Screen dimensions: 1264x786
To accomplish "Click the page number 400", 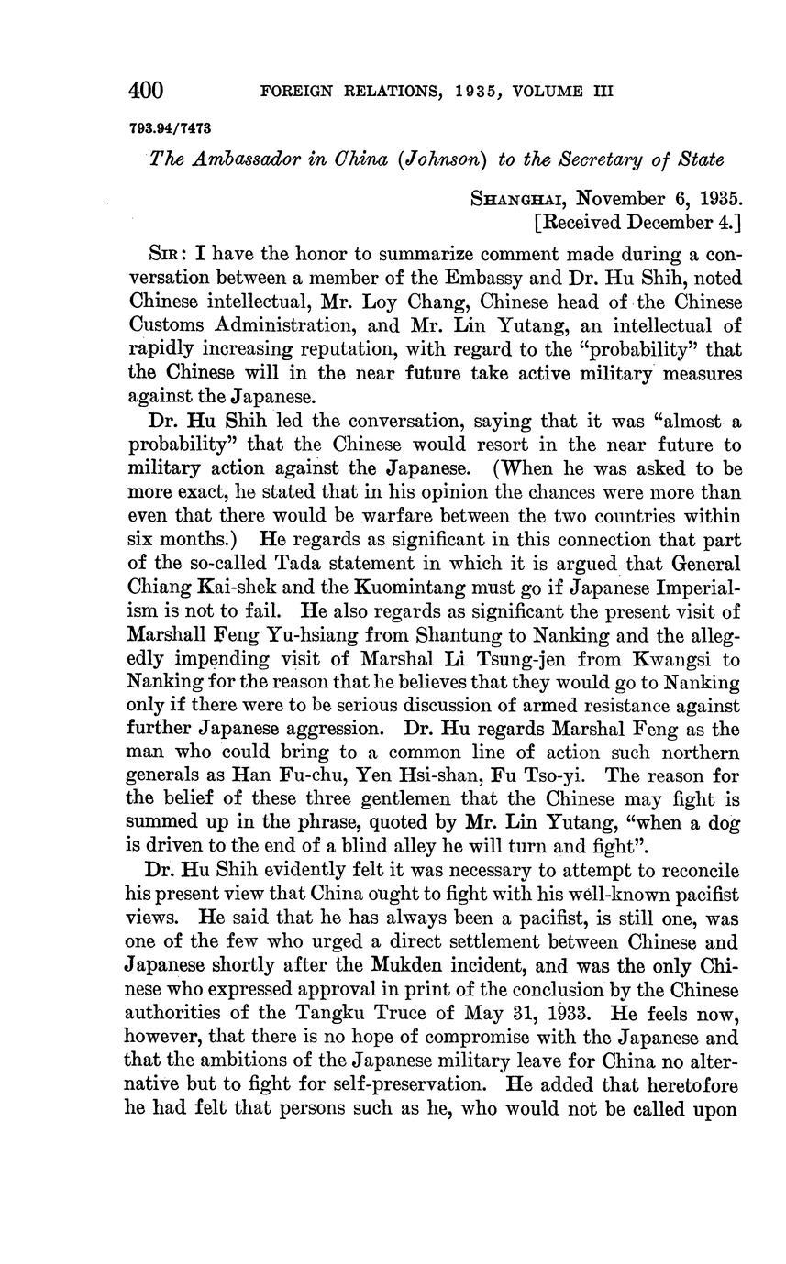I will point(146,90).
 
